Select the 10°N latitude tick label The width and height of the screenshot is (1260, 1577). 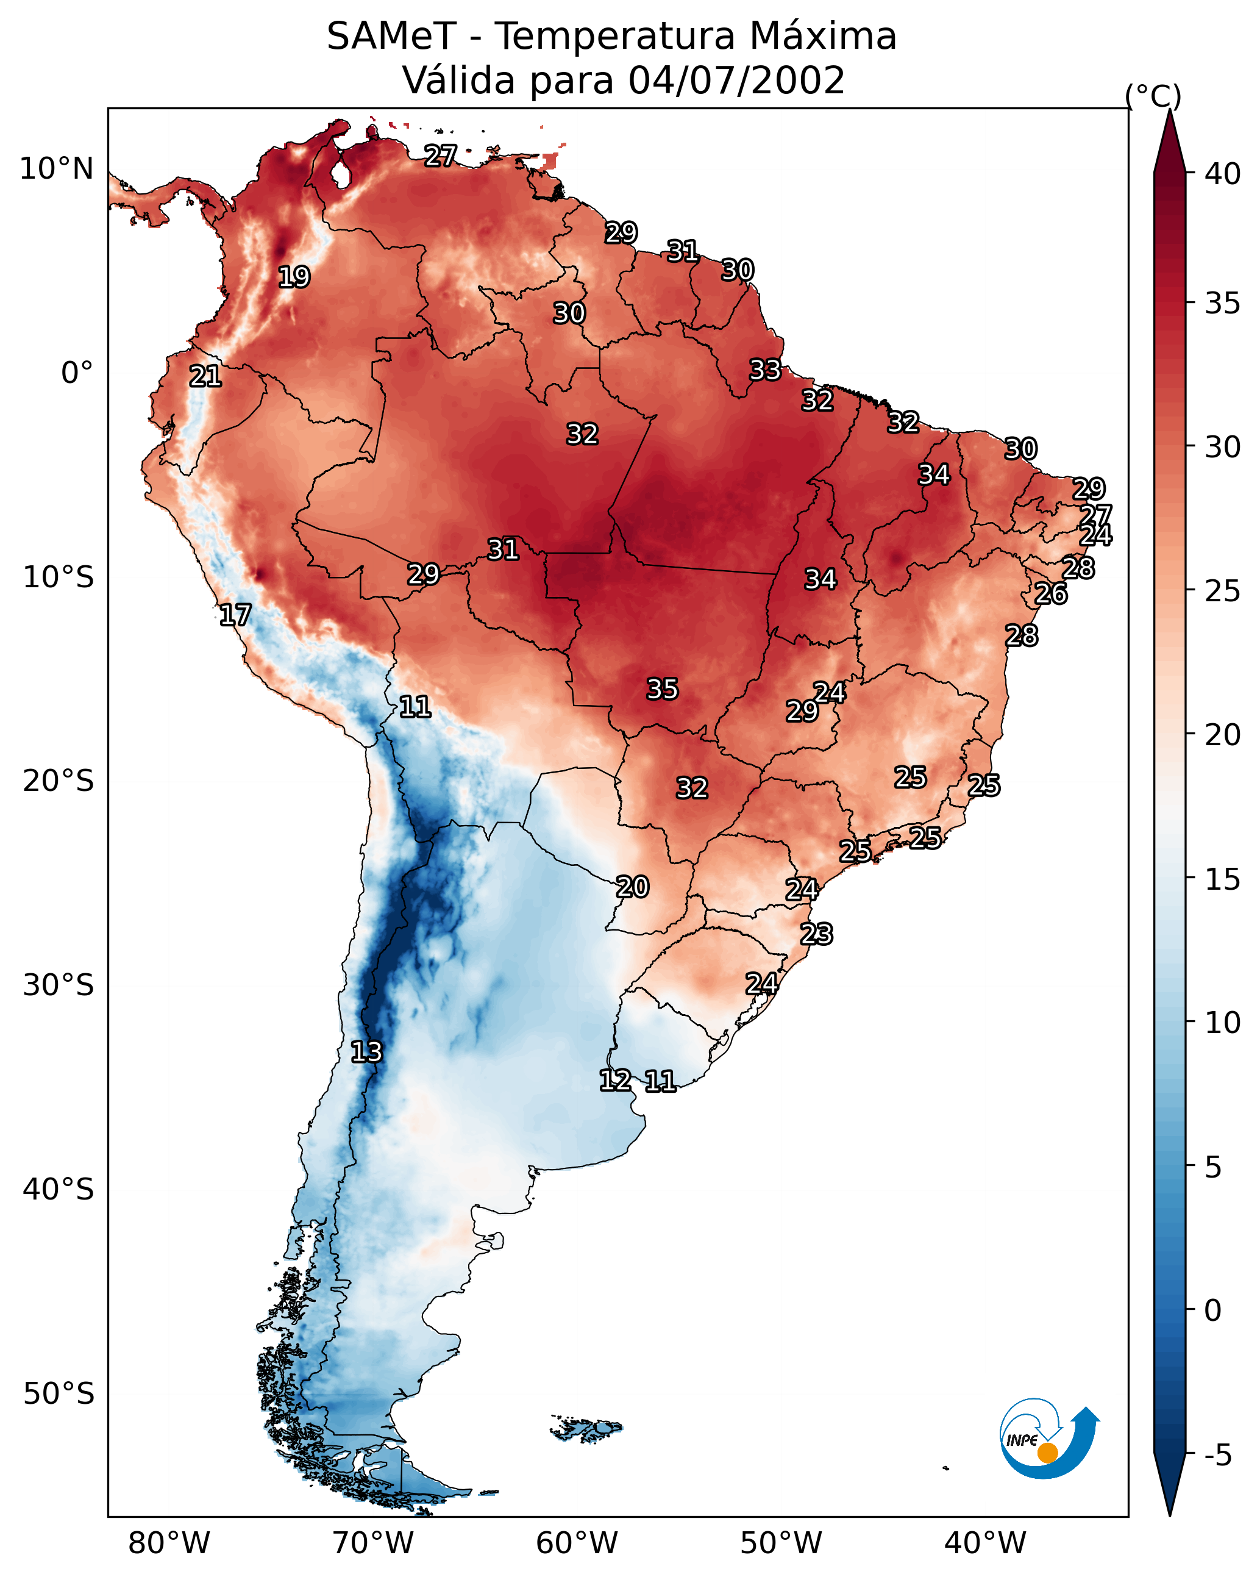pos(56,169)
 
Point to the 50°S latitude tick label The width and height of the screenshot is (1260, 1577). pos(58,1393)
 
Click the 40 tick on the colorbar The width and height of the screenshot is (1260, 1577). pos(1223,174)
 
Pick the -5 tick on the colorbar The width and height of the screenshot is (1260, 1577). pos(1217,1456)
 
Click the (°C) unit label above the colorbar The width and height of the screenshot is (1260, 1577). pos(1153,96)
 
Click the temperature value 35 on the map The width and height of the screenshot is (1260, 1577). pos(663,689)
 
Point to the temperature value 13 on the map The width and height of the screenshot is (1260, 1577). pos(366,1052)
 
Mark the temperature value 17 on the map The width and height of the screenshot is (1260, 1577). pos(235,615)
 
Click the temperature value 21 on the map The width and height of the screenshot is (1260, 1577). pos(205,377)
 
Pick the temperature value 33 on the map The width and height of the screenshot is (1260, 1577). pos(766,370)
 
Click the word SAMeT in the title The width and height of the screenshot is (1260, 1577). pos(391,37)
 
